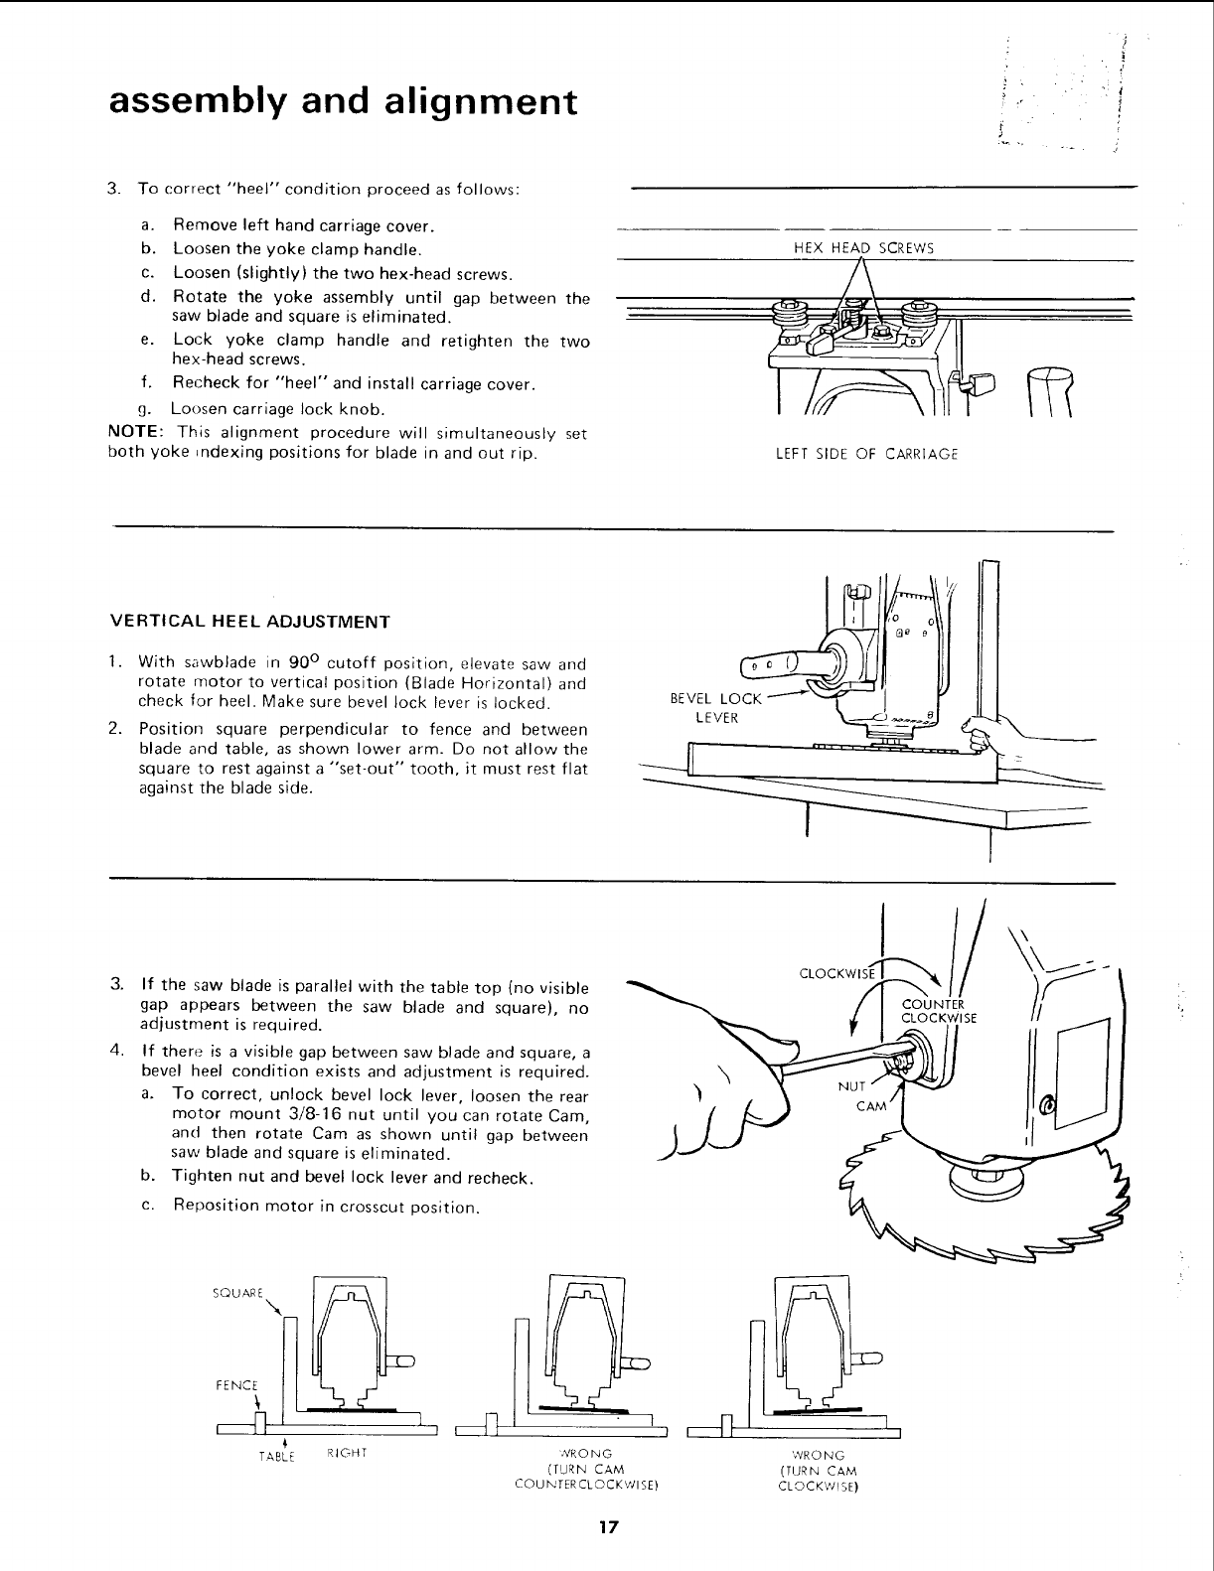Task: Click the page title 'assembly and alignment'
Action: coord(343,102)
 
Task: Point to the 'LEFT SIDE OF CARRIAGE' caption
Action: coord(866,455)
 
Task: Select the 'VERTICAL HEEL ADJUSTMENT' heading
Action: coord(249,623)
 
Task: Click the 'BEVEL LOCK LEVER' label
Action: coord(715,707)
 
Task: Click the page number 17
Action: coord(608,1528)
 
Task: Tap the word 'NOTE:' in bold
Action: coord(135,434)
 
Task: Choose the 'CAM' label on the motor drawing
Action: coord(870,1107)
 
